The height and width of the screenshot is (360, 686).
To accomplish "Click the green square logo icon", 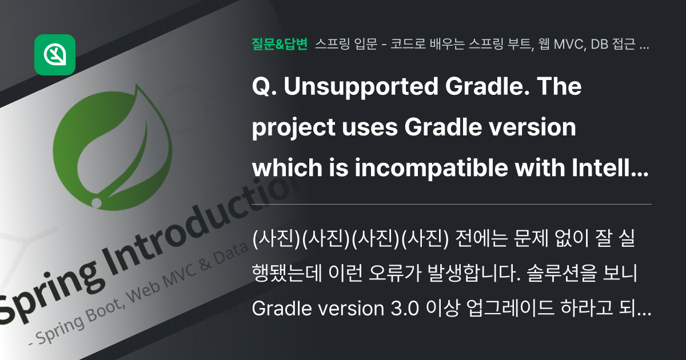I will [55, 55].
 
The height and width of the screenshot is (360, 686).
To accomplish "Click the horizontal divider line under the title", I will [452, 204].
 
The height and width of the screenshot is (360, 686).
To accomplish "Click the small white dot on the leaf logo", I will [96, 202].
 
